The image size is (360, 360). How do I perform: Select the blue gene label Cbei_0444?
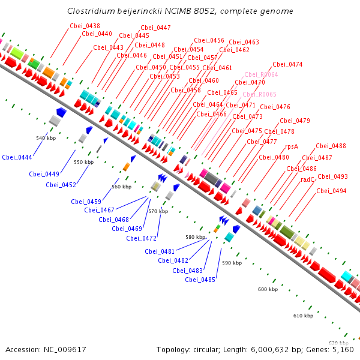pyautogui.click(x=17, y=157)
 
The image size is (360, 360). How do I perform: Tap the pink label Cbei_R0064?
pyautogui.click(x=261, y=74)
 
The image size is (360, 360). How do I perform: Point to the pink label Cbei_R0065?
pyautogui.click(x=259, y=95)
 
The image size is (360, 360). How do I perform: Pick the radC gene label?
pyautogui.click(x=308, y=179)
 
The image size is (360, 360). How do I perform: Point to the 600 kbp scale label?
pyautogui.click(x=268, y=289)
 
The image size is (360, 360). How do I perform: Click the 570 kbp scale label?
pyautogui.click(x=158, y=211)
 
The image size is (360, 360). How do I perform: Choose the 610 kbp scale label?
pyautogui.click(x=303, y=316)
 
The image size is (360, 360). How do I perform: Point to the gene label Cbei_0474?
pyautogui.click(x=287, y=64)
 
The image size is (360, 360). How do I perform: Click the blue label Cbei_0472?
pyautogui.click(x=141, y=238)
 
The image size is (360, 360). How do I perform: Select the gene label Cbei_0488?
pyautogui.click(x=331, y=146)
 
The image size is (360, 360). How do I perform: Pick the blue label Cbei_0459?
pyautogui.click(x=86, y=202)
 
